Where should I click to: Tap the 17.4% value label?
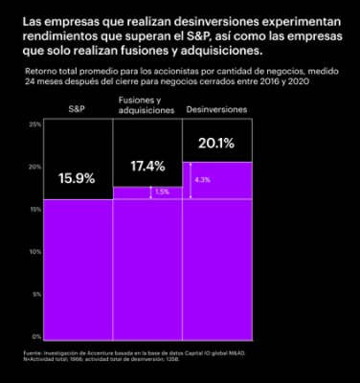click(147, 166)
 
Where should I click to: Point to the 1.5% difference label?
click(161, 191)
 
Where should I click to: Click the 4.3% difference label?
click(202, 179)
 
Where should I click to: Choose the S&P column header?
click(77, 110)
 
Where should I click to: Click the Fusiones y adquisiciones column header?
click(140, 105)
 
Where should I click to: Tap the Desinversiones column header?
click(215, 110)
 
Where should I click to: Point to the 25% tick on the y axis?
click(34, 124)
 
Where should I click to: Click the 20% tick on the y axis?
click(34, 167)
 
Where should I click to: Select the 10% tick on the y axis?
click(34, 252)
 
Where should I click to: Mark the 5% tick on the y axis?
click(35, 294)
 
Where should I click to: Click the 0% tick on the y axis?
click(35, 336)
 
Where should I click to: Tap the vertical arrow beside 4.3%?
click(191, 180)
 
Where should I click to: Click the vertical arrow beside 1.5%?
click(148, 192)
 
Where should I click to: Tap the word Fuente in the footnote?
click(32, 356)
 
